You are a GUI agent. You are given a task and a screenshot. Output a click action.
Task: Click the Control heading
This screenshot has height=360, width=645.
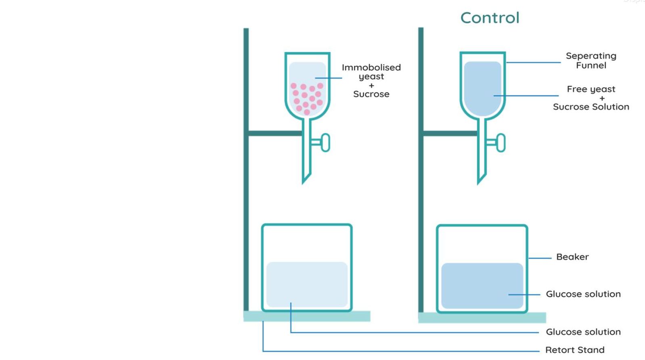point(490,18)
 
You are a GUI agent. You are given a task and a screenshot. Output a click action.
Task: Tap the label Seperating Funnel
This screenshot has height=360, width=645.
point(591,61)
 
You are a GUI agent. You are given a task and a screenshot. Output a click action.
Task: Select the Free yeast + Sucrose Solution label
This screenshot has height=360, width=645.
point(591,98)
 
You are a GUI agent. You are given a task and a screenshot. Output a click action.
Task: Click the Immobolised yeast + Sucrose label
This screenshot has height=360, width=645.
point(371,81)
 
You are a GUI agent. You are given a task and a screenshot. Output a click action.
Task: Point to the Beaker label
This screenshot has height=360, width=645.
point(572,257)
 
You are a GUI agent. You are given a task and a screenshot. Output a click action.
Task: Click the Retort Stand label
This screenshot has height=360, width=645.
point(574,350)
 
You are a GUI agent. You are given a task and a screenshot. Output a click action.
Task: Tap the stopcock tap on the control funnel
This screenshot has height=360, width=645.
point(500,142)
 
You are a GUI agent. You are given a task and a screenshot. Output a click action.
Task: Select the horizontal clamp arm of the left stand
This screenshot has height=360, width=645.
point(275,133)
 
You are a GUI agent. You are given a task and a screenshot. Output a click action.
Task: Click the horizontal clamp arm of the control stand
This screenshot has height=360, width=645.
point(450,133)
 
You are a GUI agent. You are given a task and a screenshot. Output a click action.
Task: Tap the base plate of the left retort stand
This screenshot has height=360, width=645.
point(307,316)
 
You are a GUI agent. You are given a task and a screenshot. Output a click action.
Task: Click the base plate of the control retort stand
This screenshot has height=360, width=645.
point(482,318)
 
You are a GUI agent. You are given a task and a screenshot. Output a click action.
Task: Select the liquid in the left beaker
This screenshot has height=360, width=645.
point(307,284)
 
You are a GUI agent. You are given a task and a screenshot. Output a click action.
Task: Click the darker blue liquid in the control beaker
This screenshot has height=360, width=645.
point(482,285)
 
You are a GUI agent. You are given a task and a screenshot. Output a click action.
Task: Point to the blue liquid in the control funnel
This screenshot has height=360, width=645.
point(482,87)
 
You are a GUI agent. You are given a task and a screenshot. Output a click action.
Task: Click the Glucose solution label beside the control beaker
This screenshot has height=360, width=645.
point(583,294)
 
